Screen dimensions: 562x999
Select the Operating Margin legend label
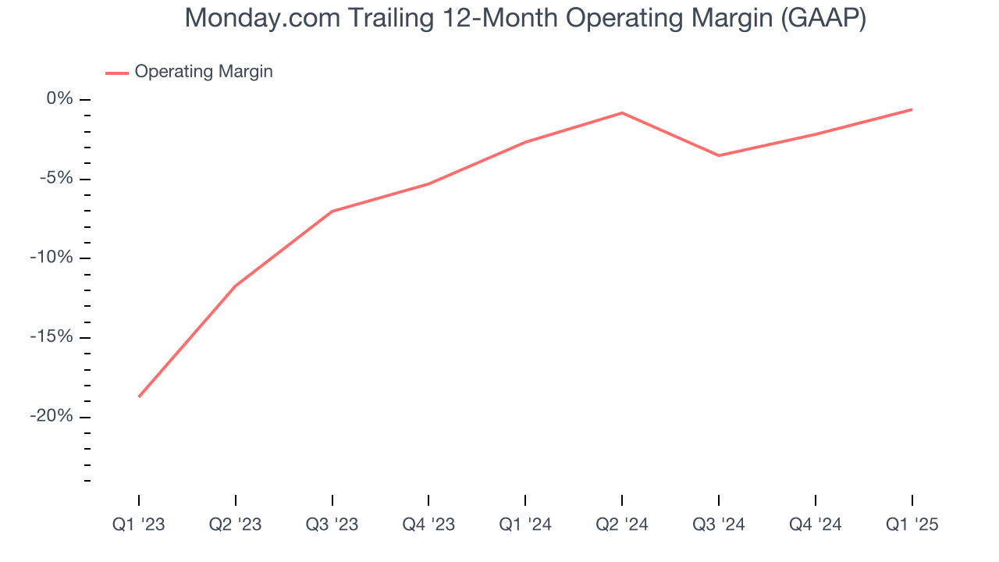[204, 72]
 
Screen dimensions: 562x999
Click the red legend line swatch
[117, 73]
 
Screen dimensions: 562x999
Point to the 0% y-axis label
[59, 99]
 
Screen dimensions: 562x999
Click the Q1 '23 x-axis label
[139, 525]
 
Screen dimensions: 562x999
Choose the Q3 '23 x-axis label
[332, 525]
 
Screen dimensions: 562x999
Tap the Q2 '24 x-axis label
[622, 525]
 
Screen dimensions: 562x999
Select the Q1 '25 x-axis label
[912, 525]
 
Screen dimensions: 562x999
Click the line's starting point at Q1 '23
[139, 397]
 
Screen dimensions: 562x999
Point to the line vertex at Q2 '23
[236, 286]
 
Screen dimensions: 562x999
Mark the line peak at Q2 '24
[622, 113]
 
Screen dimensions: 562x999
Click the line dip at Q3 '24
[719, 155]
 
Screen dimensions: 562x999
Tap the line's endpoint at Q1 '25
[912, 109]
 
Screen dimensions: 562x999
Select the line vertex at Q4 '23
[428, 183]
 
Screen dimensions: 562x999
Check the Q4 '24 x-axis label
[816, 525]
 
